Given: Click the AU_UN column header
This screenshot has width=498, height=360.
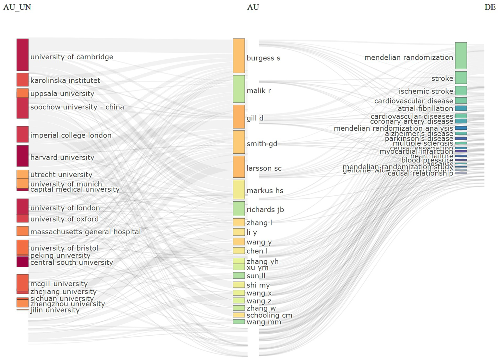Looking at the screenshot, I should [x=17, y=7].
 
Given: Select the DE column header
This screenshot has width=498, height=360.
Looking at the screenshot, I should [x=490, y=7].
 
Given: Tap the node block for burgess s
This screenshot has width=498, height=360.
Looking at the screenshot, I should [x=239, y=56].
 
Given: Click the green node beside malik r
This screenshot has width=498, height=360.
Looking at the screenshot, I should [x=239, y=89].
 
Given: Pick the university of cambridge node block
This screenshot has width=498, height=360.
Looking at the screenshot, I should [x=22, y=54].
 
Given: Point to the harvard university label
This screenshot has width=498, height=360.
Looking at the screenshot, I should [x=62, y=158].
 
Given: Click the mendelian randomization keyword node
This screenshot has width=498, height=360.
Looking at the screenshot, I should [x=461, y=56].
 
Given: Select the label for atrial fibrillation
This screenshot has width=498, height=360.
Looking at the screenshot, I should [x=425, y=109].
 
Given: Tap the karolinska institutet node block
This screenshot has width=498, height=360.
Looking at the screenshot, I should [x=22, y=79].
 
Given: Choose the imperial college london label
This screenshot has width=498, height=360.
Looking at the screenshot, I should [x=71, y=136].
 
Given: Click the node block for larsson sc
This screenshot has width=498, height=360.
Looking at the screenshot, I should [x=239, y=167].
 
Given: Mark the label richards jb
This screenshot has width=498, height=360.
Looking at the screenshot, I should [x=265, y=210].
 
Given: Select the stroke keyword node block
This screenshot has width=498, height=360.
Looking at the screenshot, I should [x=461, y=78].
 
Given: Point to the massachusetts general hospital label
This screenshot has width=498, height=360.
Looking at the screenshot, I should [x=85, y=232].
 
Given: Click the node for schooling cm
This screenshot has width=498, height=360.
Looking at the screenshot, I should [x=239, y=315].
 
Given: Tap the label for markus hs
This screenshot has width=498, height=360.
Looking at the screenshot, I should [x=265, y=191].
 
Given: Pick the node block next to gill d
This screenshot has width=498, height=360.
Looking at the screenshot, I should [x=239, y=116].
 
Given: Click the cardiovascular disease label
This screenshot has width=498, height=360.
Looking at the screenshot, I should [x=414, y=101].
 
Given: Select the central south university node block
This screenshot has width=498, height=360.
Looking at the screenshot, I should [x=22, y=262].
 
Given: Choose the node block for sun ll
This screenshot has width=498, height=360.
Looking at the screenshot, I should [x=239, y=276].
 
